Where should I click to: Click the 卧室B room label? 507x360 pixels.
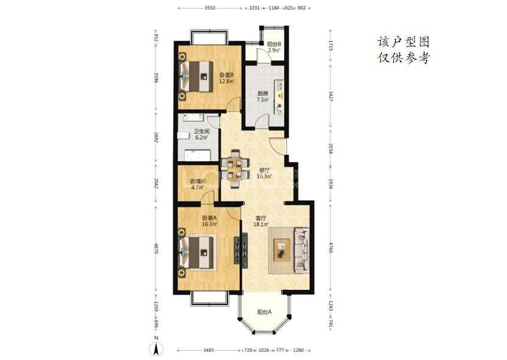pos(226,75)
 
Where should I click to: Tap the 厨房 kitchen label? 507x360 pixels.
pos(263,93)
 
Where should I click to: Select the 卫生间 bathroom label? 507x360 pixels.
pos(201,131)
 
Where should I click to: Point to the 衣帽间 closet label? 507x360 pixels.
pos(197,181)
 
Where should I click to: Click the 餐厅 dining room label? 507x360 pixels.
pos(265,170)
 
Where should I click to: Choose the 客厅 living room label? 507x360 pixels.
pos(261,218)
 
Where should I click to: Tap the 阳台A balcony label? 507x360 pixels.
pos(264,312)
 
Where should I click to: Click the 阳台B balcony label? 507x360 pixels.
pos(274,44)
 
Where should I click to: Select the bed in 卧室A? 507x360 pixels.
pos(196,253)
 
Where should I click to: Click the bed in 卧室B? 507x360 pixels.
pos(196,76)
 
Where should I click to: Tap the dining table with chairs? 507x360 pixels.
pos(235,169)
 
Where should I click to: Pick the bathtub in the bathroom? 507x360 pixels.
pos(198,156)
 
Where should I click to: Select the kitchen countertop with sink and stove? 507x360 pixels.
pos(279,97)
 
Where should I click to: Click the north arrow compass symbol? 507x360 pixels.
pos(156,349)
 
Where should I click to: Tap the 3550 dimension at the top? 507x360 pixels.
pos(210,8)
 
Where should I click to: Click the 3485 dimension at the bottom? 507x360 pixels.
pos(209,350)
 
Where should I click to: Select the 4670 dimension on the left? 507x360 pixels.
pos(156,249)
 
